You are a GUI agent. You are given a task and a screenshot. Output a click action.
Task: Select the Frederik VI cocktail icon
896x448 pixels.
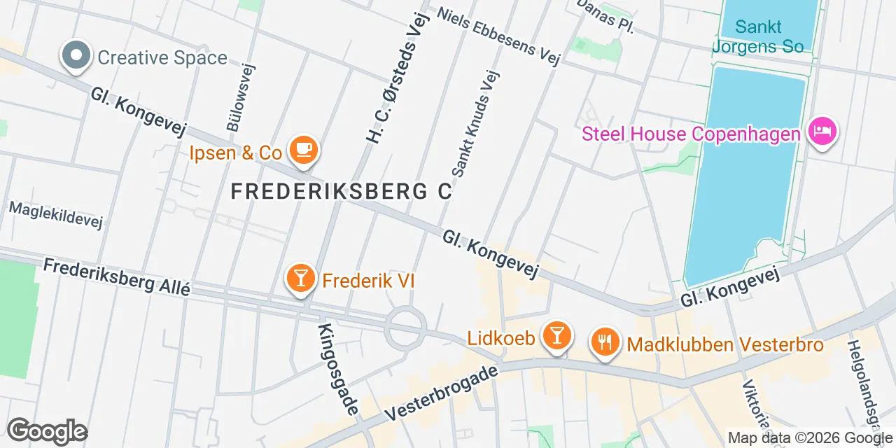point(301,279)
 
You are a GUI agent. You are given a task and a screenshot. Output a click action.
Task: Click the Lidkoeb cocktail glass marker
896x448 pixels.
point(556,336)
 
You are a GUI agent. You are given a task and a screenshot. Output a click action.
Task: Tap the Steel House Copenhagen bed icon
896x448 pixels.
point(822,131)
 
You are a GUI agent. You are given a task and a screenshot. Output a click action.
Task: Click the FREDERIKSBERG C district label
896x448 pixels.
point(342,190)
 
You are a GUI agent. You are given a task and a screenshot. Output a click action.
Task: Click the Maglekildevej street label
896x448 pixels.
point(56,215)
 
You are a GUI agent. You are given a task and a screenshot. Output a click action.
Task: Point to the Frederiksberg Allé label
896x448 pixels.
point(116,276)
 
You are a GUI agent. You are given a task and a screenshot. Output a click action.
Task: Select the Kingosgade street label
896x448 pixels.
point(339,368)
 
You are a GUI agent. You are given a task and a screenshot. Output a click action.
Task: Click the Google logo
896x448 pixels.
point(48,431)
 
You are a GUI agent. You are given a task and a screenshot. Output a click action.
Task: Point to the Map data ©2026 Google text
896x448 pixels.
point(811,438)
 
